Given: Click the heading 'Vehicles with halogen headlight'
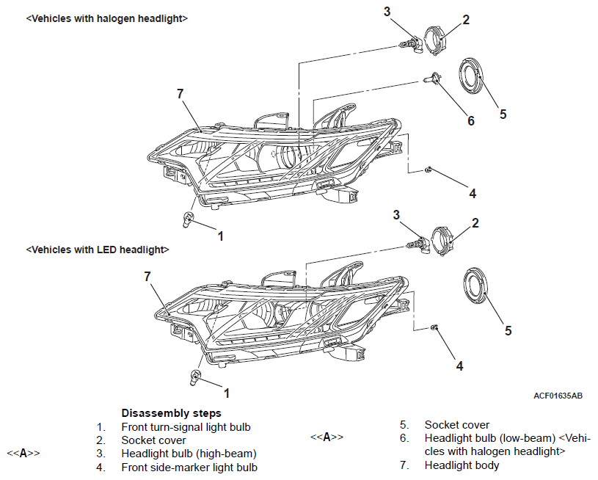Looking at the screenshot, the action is coord(107,18).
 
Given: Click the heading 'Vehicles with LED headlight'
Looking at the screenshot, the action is coord(98,250).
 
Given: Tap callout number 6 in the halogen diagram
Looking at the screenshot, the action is coord(471,120).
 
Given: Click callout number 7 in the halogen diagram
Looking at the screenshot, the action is coord(181,93).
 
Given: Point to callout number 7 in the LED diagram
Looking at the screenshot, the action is coord(147,276).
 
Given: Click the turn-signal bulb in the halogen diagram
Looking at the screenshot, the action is coord(188,219).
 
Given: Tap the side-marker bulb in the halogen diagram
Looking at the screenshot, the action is coord(429,169).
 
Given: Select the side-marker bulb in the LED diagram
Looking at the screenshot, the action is coord(434,327).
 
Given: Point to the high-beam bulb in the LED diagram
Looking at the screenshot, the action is coord(419,244).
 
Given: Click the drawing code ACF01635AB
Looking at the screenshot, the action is coord(558,396).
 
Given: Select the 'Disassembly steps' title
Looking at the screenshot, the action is coord(171,413).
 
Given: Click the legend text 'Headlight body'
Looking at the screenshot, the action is coord(462,465).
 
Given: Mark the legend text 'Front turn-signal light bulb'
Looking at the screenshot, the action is coord(186,427).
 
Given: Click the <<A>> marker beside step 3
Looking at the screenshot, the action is coord(23,454).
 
